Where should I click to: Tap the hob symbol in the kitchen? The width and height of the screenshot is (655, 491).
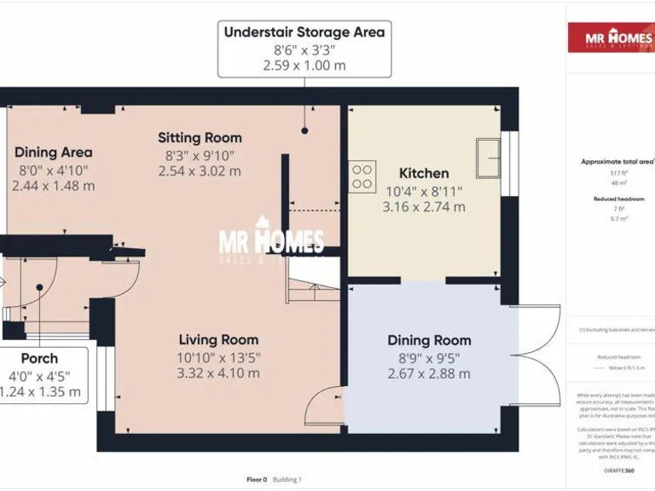point(362,176)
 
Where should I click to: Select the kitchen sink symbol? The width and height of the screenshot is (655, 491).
point(489,157)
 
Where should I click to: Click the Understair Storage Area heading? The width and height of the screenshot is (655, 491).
point(304,32)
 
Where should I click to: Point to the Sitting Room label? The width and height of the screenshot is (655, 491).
point(200,137)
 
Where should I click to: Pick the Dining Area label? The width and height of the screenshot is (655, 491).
point(53,153)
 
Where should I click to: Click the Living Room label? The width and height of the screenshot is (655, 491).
point(217,339)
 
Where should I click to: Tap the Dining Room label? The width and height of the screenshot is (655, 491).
point(429,340)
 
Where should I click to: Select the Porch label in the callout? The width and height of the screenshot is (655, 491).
point(40,358)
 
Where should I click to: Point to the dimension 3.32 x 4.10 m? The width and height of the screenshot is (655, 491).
point(217,373)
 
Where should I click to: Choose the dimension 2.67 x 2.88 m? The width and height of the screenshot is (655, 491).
point(429,373)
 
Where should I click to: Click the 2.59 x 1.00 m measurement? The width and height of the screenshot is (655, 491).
point(304,66)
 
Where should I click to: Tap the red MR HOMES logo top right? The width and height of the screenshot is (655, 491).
point(611,38)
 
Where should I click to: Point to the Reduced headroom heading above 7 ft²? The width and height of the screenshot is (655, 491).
point(618,199)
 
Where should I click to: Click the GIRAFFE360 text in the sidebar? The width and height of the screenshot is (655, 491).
point(617,471)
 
